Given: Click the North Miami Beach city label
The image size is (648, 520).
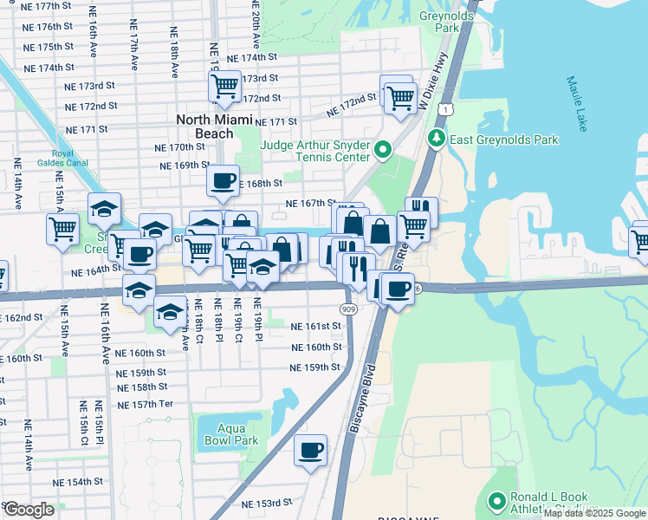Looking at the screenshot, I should pos(204,127).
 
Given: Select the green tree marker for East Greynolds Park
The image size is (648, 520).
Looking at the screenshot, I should pos(437,139).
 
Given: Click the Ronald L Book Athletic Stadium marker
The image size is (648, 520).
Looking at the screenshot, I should pos(496,503).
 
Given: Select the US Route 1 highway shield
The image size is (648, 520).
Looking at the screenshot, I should pos(444,109).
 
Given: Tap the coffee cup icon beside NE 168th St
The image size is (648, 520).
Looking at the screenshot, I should pos(224,180).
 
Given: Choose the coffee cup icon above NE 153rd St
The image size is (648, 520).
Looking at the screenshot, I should pos(310,450).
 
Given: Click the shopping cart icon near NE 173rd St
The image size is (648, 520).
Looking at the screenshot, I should pos(224,86).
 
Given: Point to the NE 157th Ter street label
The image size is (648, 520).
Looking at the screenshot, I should pos(145,405).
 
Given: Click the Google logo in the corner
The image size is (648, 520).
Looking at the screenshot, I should pos(29,510).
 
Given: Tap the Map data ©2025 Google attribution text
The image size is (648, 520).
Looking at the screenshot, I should pos(594,513).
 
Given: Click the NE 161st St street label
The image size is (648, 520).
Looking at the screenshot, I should pos(314,326).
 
